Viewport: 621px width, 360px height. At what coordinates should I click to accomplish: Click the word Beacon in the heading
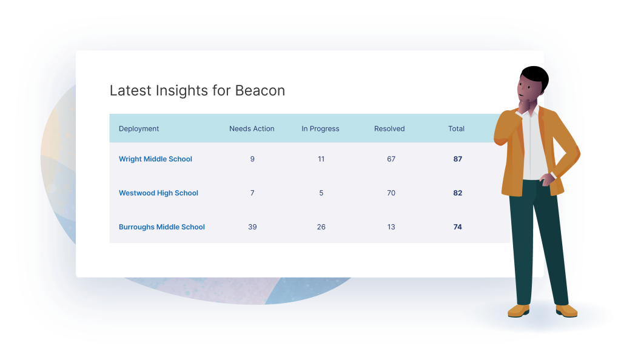pos(260,90)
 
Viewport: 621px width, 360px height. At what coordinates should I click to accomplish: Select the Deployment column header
pos(139,128)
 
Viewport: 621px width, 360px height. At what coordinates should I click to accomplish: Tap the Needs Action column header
pos(252,128)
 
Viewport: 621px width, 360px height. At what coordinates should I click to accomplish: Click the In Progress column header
pos(320,128)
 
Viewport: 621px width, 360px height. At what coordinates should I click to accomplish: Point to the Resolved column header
pos(389,128)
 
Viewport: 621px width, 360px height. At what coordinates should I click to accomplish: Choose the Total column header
pos(456,128)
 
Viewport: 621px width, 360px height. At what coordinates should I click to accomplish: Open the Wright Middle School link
pos(155,159)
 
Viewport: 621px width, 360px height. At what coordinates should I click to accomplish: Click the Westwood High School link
pos(158,193)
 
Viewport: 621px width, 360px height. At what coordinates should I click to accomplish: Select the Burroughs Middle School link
pos(161,227)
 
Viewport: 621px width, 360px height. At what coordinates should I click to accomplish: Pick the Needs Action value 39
pos(252,227)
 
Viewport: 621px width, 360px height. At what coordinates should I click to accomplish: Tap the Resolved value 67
pos(391,159)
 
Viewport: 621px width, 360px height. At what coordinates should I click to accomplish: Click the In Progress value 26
pos(321,227)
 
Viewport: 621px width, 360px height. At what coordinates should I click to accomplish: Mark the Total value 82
pos(458,193)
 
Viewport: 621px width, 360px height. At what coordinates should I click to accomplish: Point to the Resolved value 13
pos(391,227)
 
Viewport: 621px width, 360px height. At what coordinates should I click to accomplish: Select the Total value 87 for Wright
pos(458,159)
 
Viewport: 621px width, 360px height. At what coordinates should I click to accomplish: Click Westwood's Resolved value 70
pos(391,193)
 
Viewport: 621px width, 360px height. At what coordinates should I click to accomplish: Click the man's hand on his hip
pos(547,179)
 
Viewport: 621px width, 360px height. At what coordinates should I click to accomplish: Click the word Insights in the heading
pos(182,90)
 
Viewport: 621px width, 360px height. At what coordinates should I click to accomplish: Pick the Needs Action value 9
pos(252,159)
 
